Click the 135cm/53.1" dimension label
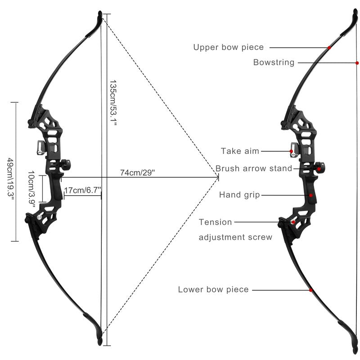point(113,103)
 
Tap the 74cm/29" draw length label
point(138,172)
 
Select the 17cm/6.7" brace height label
point(83,190)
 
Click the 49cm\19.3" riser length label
point(10,178)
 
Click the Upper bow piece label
point(229,47)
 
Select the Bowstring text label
point(274,62)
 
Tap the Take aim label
point(240,151)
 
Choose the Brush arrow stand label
point(254,168)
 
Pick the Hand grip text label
point(239,195)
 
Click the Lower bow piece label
point(213,289)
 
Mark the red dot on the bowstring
point(357,63)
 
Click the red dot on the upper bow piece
point(329,48)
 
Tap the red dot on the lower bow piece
point(310,290)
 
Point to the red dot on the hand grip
point(311,195)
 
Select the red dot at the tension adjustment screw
point(293,222)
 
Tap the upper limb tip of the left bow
point(100,13)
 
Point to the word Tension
point(215,222)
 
